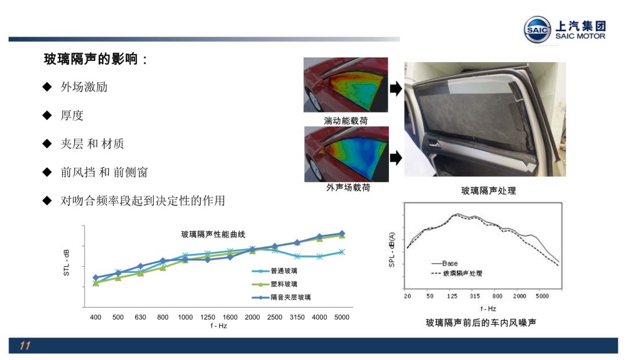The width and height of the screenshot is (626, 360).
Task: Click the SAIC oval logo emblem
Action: tap(537, 30)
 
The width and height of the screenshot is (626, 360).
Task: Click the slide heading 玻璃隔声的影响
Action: tap(91, 59)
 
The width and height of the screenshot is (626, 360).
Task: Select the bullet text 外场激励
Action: tap(84, 86)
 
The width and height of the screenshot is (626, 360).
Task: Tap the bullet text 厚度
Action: tap(72, 115)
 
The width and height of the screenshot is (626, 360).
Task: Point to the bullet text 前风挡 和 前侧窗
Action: tap(104, 172)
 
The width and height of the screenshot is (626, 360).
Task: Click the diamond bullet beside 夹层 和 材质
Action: tap(47, 144)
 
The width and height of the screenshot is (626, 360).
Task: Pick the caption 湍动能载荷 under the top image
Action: tap(345, 121)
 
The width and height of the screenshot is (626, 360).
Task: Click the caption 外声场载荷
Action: tap(348, 187)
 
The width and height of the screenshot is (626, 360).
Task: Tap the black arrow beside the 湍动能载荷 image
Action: tap(396, 89)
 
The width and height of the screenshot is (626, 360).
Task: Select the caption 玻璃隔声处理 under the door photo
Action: tap(489, 191)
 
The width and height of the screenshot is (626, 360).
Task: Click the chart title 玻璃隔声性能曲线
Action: tap(213, 234)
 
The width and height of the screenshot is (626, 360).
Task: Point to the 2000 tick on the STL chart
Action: tap(252, 317)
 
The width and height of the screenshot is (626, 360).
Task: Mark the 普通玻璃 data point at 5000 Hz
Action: tap(342, 252)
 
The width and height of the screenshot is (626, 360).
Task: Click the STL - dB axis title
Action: tap(67, 263)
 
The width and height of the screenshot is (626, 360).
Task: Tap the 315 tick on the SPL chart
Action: tap(475, 296)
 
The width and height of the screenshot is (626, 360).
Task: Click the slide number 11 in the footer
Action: tap(25, 346)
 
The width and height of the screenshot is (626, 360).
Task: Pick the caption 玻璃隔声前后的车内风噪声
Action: tap(481, 322)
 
